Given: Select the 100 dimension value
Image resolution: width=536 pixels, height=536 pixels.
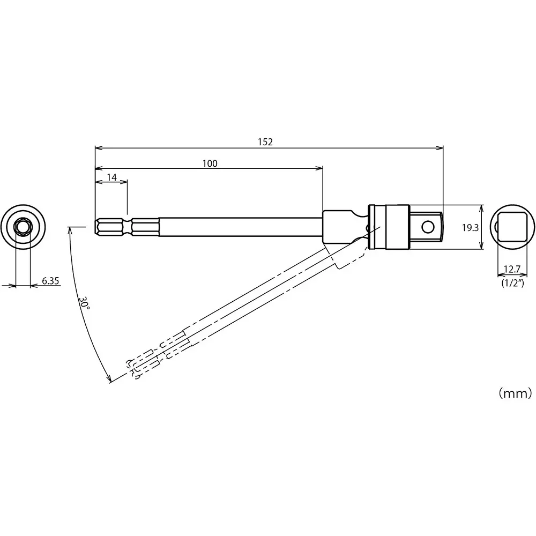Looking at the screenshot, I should (x=210, y=163).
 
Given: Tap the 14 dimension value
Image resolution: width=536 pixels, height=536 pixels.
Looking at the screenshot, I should (x=111, y=177).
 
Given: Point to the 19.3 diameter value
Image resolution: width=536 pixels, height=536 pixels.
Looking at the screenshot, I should (x=470, y=227).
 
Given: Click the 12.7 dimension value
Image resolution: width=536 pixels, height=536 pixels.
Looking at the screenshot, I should (x=512, y=269).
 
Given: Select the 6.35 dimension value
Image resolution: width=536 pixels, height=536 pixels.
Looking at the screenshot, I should (x=50, y=280).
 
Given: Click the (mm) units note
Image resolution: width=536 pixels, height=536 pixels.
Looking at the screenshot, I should (x=515, y=393).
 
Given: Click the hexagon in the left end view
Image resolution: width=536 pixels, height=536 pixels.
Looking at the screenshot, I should (x=23, y=227).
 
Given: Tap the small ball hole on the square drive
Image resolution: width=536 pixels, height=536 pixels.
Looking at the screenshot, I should (x=427, y=227).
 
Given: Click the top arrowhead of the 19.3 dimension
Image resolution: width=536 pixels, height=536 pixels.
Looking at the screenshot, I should (x=481, y=207).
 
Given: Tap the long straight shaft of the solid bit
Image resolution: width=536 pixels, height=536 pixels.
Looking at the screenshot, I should (x=241, y=227).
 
